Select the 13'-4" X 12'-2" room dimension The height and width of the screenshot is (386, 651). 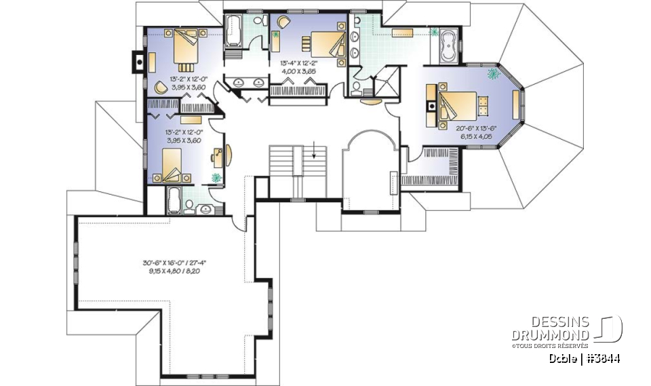click(x=298, y=62)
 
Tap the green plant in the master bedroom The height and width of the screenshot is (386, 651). click(x=493, y=73)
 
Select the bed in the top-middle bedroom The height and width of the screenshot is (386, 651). click(x=328, y=44)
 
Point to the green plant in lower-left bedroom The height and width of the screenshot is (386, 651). click(x=216, y=178)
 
